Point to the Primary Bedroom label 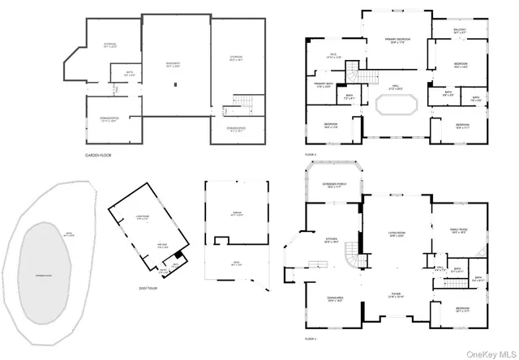click(x=395, y=41)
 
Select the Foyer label click(x=396, y=295)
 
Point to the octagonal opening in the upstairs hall click(x=396, y=105)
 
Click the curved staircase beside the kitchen click(x=350, y=259)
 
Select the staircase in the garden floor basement click(x=245, y=104)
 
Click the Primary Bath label click(x=323, y=87)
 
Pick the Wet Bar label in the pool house click(x=162, y=246)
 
